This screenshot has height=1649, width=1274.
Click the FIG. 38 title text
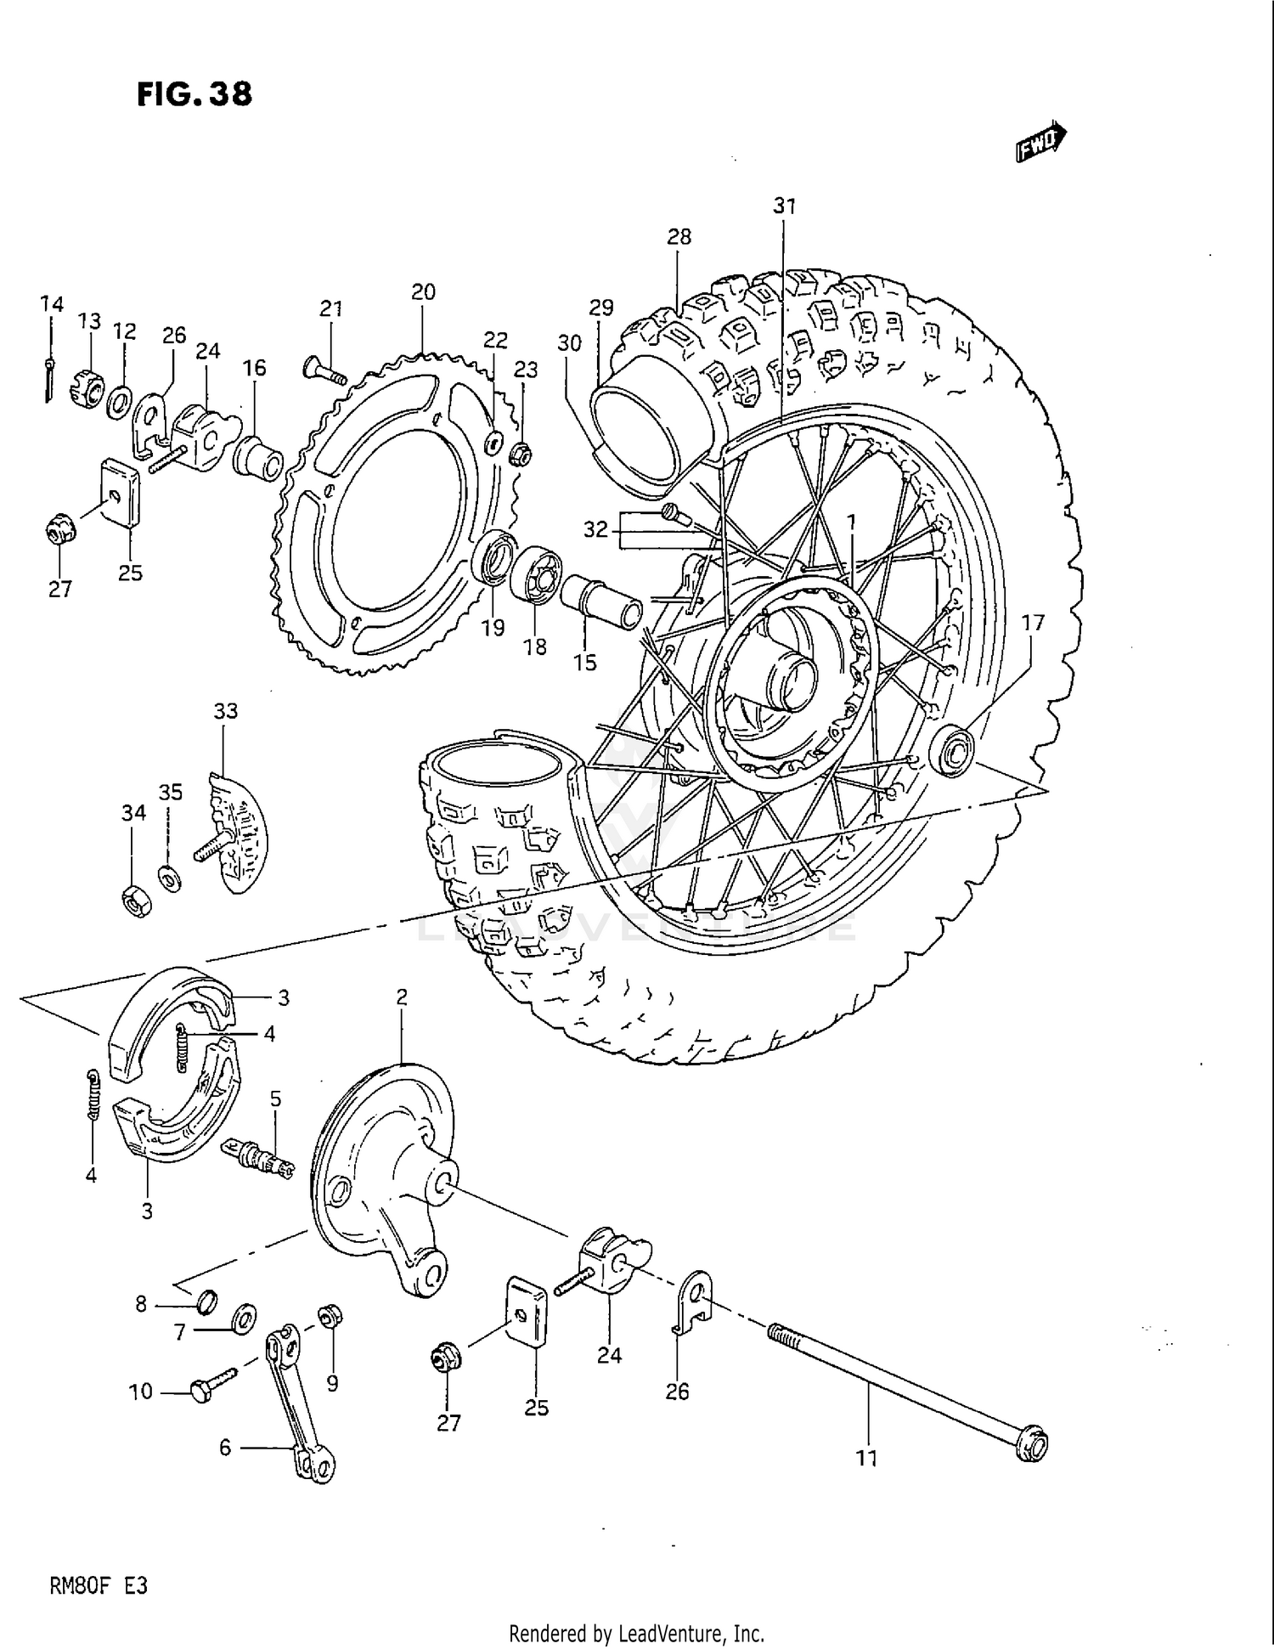point(194,94)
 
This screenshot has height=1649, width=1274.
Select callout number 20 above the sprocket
point(423,292)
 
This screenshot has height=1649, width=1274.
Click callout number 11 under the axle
point(865,1459)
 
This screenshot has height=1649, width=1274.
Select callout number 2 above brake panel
point(402,997)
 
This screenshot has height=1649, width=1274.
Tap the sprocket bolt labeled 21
point(321,369)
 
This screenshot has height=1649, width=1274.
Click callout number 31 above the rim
point(785,206)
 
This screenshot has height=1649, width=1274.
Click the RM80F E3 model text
point(99,1585)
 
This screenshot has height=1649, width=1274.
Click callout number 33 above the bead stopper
point(225,710)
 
